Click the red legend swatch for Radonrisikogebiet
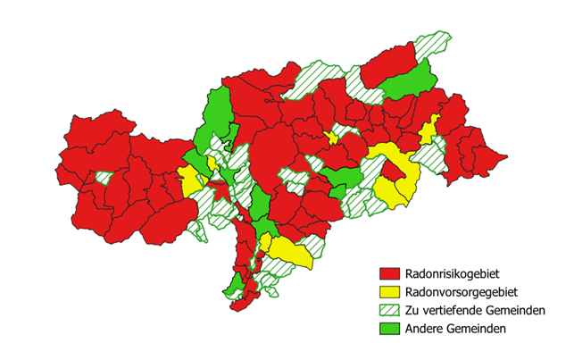[388, 272]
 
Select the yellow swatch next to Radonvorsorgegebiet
[388, 291]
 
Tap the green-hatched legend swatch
[388, 310]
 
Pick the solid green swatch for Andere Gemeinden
[388, 330]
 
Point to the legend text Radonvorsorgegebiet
[461, 291]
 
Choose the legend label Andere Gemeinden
[456, 330]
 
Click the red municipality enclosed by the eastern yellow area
[394, 170]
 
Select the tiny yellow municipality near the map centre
[332, 137]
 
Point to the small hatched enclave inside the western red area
[104, 177]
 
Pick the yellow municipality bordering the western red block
[189, 180]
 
